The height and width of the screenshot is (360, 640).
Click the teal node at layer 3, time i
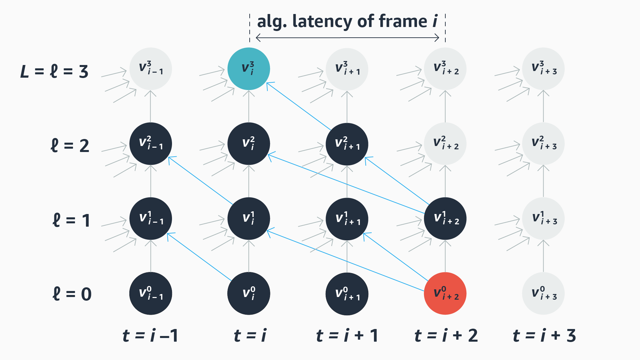tap(249, 69)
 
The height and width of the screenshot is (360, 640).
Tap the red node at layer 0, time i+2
tap(445, 293)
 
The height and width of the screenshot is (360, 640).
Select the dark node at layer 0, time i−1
tap(151, 293)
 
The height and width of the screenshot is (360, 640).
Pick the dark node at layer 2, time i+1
tap(347, 144)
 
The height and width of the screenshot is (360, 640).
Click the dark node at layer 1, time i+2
tap(445, 218)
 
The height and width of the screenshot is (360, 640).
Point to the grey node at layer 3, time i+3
tap(543, 69)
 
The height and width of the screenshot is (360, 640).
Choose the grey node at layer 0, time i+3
tap(543, 293)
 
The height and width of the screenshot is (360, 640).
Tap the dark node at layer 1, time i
tap(249, 218)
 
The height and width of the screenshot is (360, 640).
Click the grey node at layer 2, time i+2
tap(445, 144)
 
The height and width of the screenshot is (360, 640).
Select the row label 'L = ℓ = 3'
tap(54, 71)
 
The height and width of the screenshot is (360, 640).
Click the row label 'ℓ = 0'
tap(72, 294)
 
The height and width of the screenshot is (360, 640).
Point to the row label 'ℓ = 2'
tap(70, 146)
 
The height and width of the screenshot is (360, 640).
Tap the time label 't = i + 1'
tap(347, 335)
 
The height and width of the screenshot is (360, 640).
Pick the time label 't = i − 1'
tap(150, 335)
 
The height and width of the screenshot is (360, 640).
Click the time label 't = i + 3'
tap(544, 335)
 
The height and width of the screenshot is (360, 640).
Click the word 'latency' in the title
tap(322, 21)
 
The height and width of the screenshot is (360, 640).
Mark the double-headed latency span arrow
tap(347, 38)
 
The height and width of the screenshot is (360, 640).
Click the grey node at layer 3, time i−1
tap(151, 69)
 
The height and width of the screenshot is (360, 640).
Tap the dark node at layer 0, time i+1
tap(347, 293)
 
